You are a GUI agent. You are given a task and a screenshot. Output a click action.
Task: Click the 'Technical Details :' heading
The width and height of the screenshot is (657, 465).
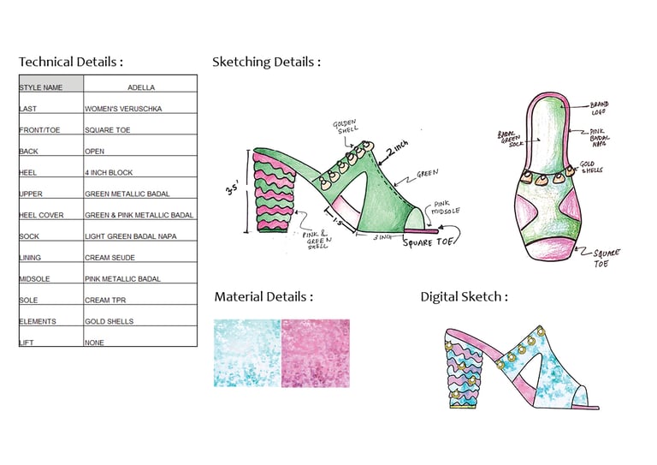pyautogui.click(x=71, y=62)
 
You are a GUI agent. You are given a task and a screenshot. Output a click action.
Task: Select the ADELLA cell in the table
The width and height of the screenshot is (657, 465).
pyautogui.click(x=140, y=87)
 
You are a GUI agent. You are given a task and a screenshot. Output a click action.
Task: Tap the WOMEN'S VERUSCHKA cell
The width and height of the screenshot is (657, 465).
pyautogui.click(x=123, y=109)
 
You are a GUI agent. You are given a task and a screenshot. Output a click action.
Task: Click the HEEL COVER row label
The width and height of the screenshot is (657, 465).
pyautogui.click(x=43, y=215)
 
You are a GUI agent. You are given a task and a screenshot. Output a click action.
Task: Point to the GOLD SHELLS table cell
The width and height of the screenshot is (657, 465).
pyautogui.click(x=109, y=322)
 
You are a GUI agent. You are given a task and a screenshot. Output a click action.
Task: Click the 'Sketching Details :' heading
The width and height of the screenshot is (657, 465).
pyautogui.click(x=266, y=62)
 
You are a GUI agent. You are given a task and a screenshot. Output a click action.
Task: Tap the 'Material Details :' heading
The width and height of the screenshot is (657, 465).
pyautogui.click(x=263, y=296)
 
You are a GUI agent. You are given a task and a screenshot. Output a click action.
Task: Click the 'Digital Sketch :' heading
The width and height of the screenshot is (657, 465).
pyautogui.click(x=464, y=296)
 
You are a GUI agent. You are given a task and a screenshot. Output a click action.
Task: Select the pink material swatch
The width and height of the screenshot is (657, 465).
pyautogui.click(x=315, y=353)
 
